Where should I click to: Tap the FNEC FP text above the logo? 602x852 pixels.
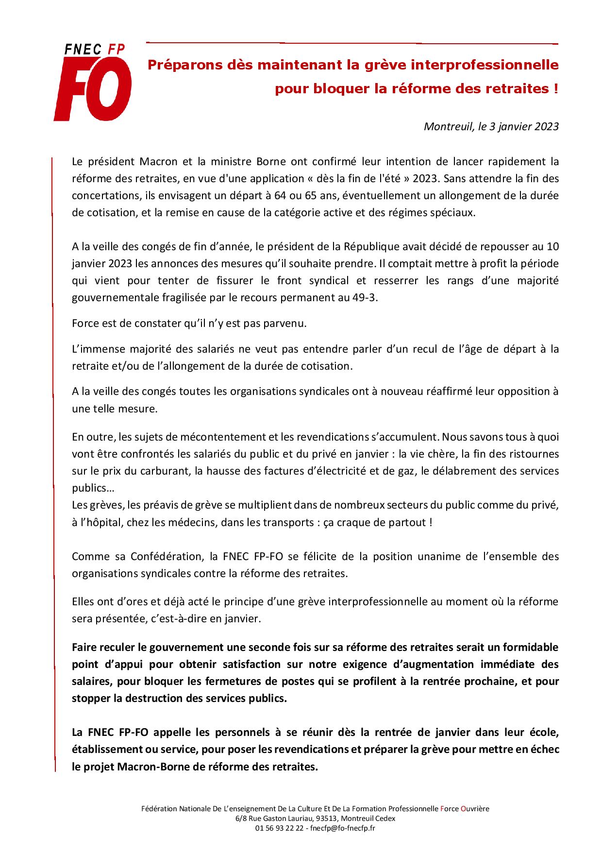(95, 49)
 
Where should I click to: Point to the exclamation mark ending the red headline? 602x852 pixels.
(556, 89)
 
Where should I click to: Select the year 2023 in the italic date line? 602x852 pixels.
(548, 127)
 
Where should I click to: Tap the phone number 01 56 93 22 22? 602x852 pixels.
(278, 828)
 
